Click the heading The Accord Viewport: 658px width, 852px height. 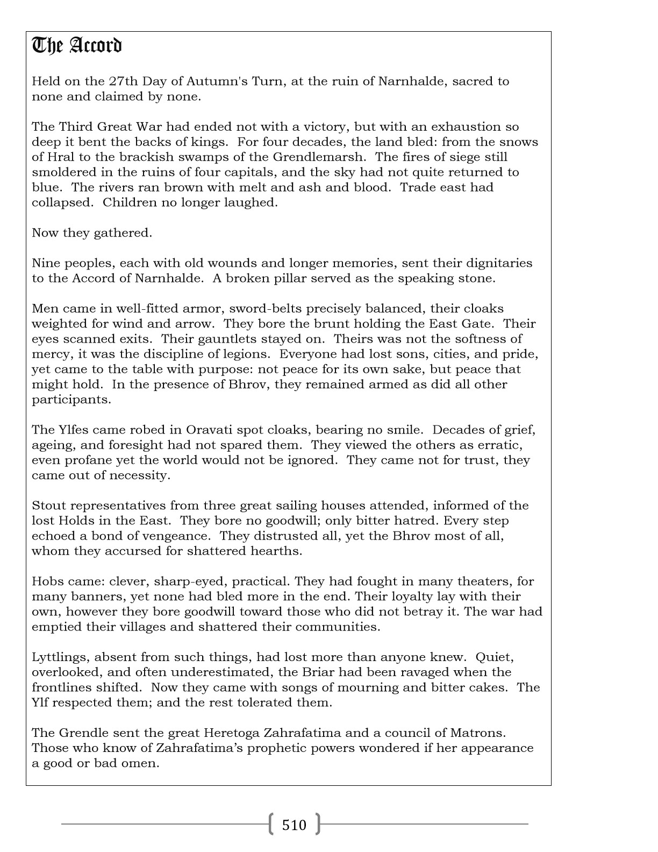[77, 46]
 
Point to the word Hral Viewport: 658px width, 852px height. [62, 157]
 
